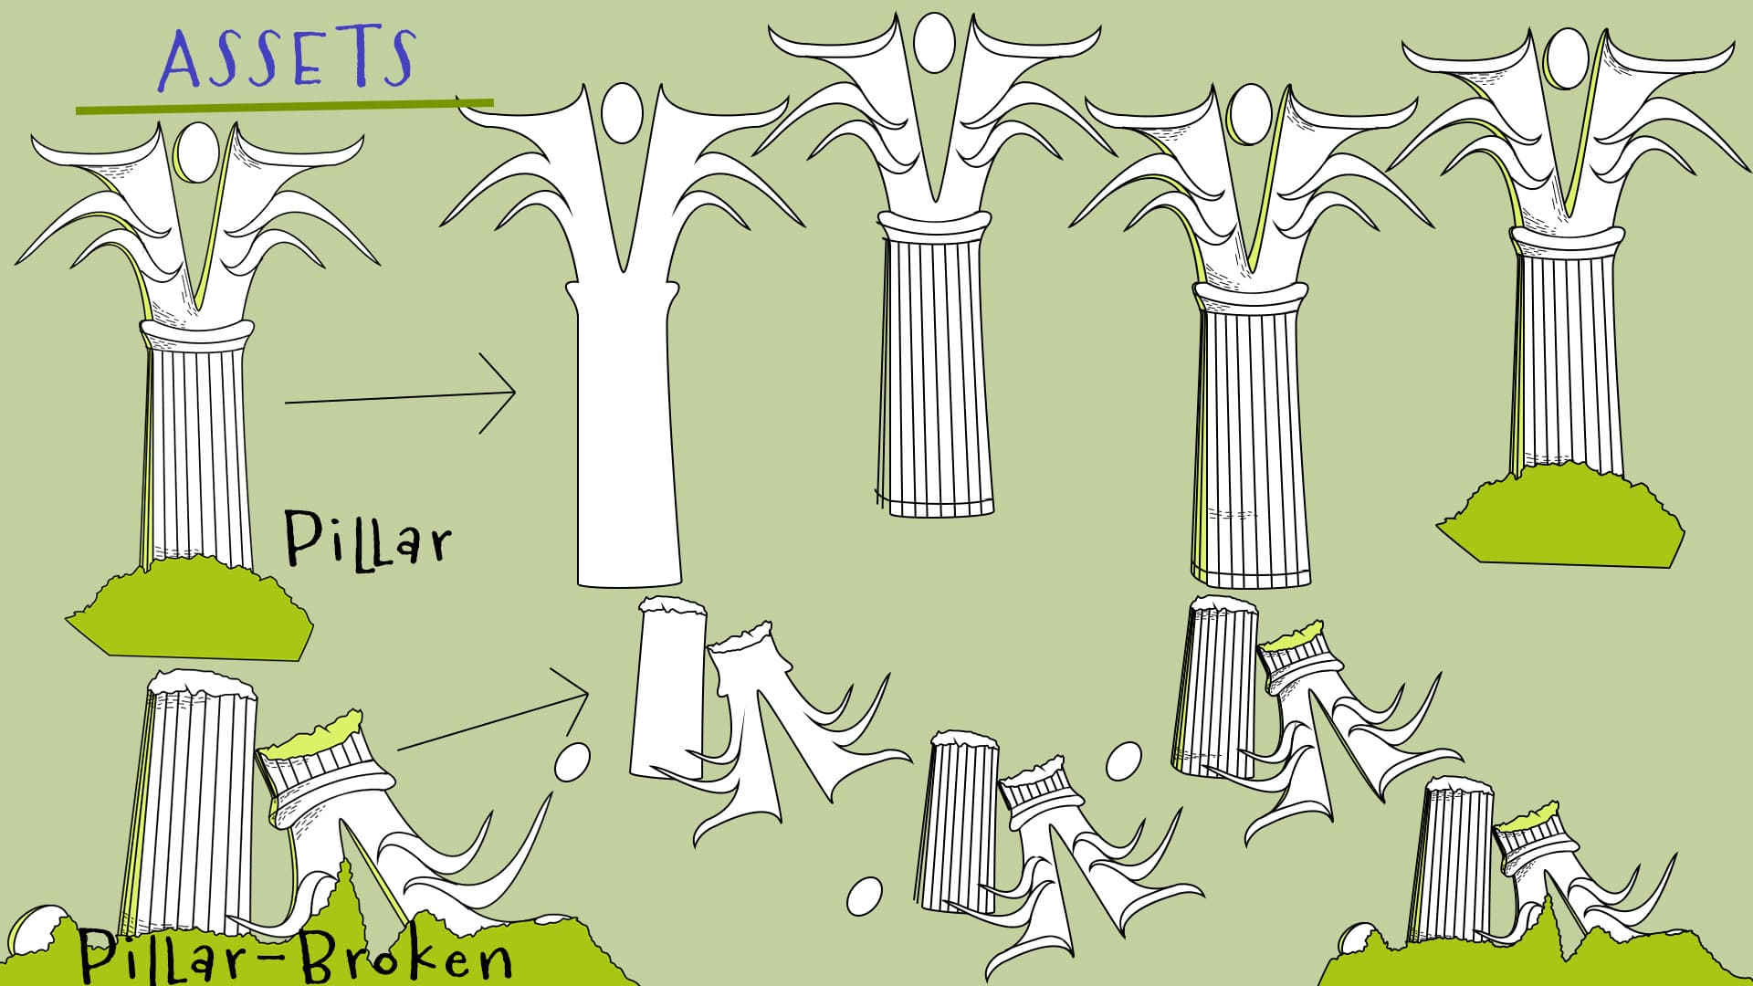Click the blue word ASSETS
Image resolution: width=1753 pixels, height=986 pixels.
[287, 58]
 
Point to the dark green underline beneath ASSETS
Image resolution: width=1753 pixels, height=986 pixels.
[283, 106]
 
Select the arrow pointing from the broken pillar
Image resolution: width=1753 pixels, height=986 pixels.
[493, 721]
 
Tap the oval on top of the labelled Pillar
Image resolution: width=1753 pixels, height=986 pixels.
[196, 152]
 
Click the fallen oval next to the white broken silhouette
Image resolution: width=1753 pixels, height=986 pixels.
[572, 761]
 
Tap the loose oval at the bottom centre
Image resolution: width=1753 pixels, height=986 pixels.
[864, 896]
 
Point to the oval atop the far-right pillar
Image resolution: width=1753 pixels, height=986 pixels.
[1567, 58]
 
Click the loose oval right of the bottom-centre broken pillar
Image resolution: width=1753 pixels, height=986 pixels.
[1123, 760]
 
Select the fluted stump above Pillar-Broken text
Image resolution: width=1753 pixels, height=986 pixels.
[196, 803]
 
